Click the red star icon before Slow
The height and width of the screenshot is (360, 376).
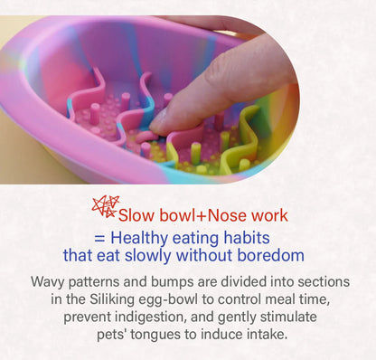pos(105,207)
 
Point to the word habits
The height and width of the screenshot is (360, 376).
pos(262,237)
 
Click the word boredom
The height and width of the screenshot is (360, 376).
pos(269,256)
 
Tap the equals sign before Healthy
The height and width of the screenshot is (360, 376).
pos(98,238)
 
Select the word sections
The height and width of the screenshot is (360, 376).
pos(322,282)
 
